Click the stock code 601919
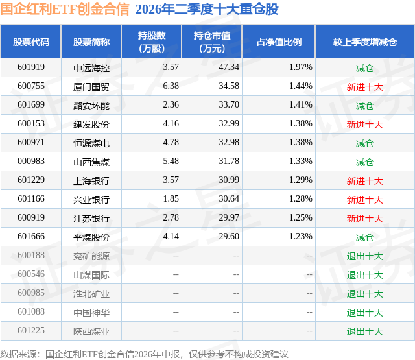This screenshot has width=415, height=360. pyautogui.click(x=31, y=67)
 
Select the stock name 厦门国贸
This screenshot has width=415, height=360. pyautogui.click(x=91, y=87)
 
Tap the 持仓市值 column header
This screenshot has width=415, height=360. pyautogui.click(x=212, y=42)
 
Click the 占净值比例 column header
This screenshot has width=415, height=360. pyautogui.click(x=279, y=42)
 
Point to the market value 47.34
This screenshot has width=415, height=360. pyautogui.click(x=229, y=67)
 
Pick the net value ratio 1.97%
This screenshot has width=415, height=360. pyautogui.click(x=301, y=67)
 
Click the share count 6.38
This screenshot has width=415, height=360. pyautogui.click(x=171, y=86)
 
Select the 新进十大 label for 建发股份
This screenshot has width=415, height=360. pyautogui.click(x=365, y=125)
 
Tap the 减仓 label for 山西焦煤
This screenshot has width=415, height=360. pyautogui.click(x=365, y=162)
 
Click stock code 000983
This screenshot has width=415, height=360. pyautogui.click(x=31, y=162)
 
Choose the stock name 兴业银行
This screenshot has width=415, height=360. pyautogui.click(x=91, y=200)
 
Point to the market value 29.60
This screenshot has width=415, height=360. pyautogui.click(x=229, y=236)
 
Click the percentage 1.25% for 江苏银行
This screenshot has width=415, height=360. pyautogui.click(x=301, y=217)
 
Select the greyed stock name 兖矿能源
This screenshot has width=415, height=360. pyautogui.click(x=91, y=256)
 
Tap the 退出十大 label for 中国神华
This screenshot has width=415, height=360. pyautogui.click(x=365, y=313)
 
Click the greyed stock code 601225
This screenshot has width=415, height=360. pyautogui.click(x=31, y=330)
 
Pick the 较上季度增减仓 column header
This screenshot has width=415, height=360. pyautogui.click(x=365, y=42)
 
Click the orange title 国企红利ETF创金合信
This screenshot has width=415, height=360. pyautogui.click(x=65, y=8)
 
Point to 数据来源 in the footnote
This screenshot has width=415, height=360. pyautogui.click(x=18, y=354)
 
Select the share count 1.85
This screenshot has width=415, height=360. pyautogui.click(x=171, y=198)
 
